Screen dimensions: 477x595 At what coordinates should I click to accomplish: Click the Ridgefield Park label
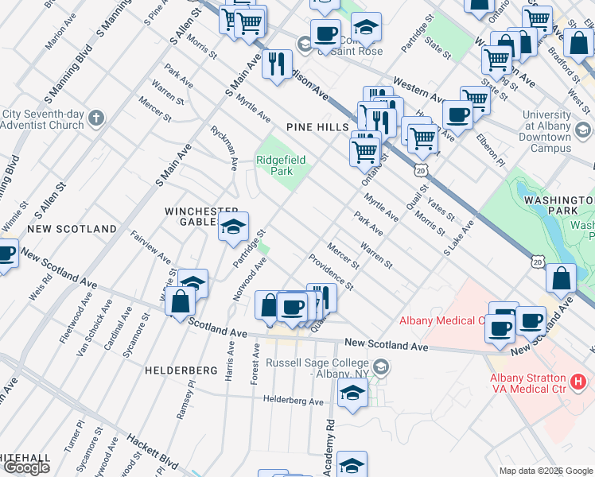click(x=281, y=165)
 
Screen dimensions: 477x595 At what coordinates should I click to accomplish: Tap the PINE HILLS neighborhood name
click(x=317, y=127)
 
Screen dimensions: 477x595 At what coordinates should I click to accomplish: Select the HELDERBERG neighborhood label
click(x=181, y=370)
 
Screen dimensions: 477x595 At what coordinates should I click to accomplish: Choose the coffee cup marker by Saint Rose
click(x=324, y=34)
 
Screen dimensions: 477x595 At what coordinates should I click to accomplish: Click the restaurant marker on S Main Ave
click(x=277, y=63)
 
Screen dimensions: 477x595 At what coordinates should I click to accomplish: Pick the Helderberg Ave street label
click(x=294, y=401)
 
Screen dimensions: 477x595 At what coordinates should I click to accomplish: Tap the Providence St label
click(x=332, y=272)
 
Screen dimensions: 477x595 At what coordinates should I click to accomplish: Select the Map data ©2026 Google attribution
click(x=546, y=471)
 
